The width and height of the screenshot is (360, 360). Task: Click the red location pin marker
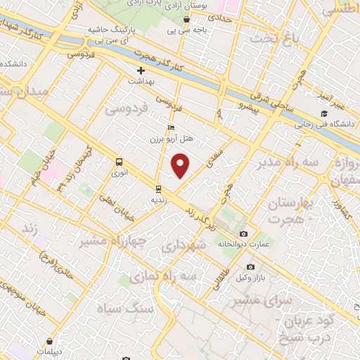pyautogui.click(x=181, y=165)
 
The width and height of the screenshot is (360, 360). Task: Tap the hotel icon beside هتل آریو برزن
pyautogui.click(x=171, y=127)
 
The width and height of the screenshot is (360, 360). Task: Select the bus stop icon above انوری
pyautogui.click(x=118, y=161)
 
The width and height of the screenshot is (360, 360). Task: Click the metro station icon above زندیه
pyautogui.click(x=158, y=188)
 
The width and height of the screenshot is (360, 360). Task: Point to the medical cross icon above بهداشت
pyautogui.click(x=141, y=71)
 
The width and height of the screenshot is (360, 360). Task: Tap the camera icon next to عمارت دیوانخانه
pyautogui.click(x=243, y=233)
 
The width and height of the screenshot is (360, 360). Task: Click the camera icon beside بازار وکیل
pyautogui.click(x=251, y=267)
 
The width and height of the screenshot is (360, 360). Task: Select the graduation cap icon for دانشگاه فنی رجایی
pyautogui.click(x=324, y=114)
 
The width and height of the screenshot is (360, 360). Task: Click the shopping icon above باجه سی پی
pyautogui.click(x=186, y=19)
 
